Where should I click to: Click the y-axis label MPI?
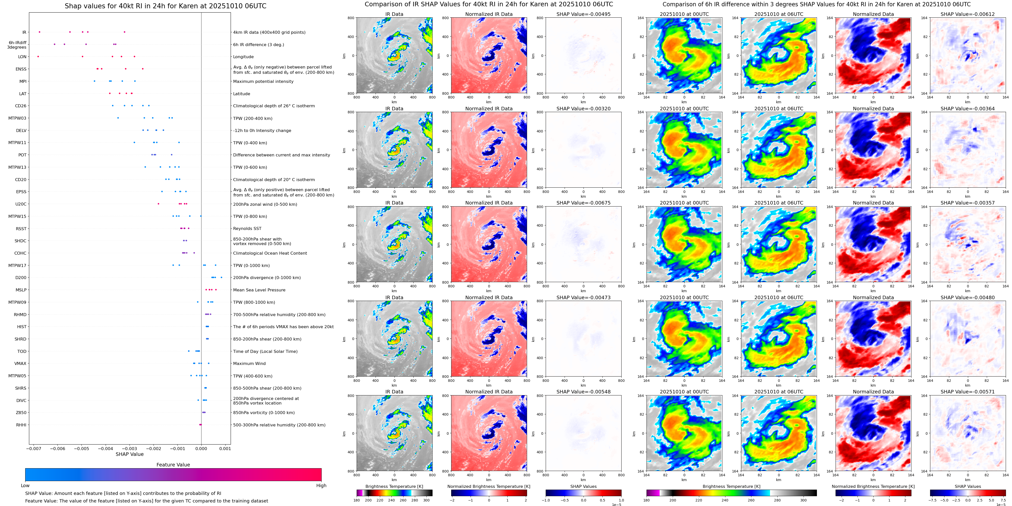[x=23, y=81]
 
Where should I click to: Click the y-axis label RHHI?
[x=21, y=425]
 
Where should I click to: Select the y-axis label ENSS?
[x=21, y=69]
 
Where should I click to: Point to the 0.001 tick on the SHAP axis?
[x=225, y=448]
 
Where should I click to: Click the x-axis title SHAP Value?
[x=130, y=454]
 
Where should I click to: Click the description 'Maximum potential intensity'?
[x=263, y=81]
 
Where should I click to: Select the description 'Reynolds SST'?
[x=247, y=228]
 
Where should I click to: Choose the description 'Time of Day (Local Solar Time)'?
[x=265, y=351]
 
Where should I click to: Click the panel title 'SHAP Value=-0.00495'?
[x=584, y=14]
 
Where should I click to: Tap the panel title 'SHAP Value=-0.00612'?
[x=968, y=14]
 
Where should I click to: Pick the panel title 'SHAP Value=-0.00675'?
[x=584, y=203]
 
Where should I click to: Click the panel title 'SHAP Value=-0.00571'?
[x=968, y=392]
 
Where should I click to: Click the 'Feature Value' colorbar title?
[x=173, y=465]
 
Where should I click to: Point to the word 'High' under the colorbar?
[x=321, y=486]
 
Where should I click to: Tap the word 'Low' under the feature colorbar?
[x=25, y=486]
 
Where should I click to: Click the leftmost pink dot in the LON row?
[x=38, y=56]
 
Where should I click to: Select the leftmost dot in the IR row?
[x=39, y=32]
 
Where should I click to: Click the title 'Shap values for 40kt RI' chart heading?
[x=165, y=6]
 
